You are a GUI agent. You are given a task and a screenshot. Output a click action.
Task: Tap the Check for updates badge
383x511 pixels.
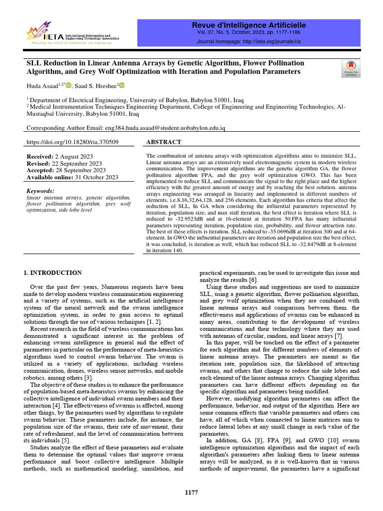pos(351,68)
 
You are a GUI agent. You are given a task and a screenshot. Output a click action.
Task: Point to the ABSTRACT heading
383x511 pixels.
pos(164,142)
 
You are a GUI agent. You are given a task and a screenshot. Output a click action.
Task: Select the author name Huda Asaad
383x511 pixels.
pos(42,87)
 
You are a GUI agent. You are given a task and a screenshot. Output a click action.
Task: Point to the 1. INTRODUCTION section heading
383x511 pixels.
pos(53,273)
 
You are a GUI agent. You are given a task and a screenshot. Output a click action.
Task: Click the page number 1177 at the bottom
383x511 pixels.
pos(191,493)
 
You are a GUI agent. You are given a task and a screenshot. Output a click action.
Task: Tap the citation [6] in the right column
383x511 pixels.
pos(253,280)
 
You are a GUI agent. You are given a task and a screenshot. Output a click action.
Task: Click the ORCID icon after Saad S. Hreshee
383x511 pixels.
pos(121,86)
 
